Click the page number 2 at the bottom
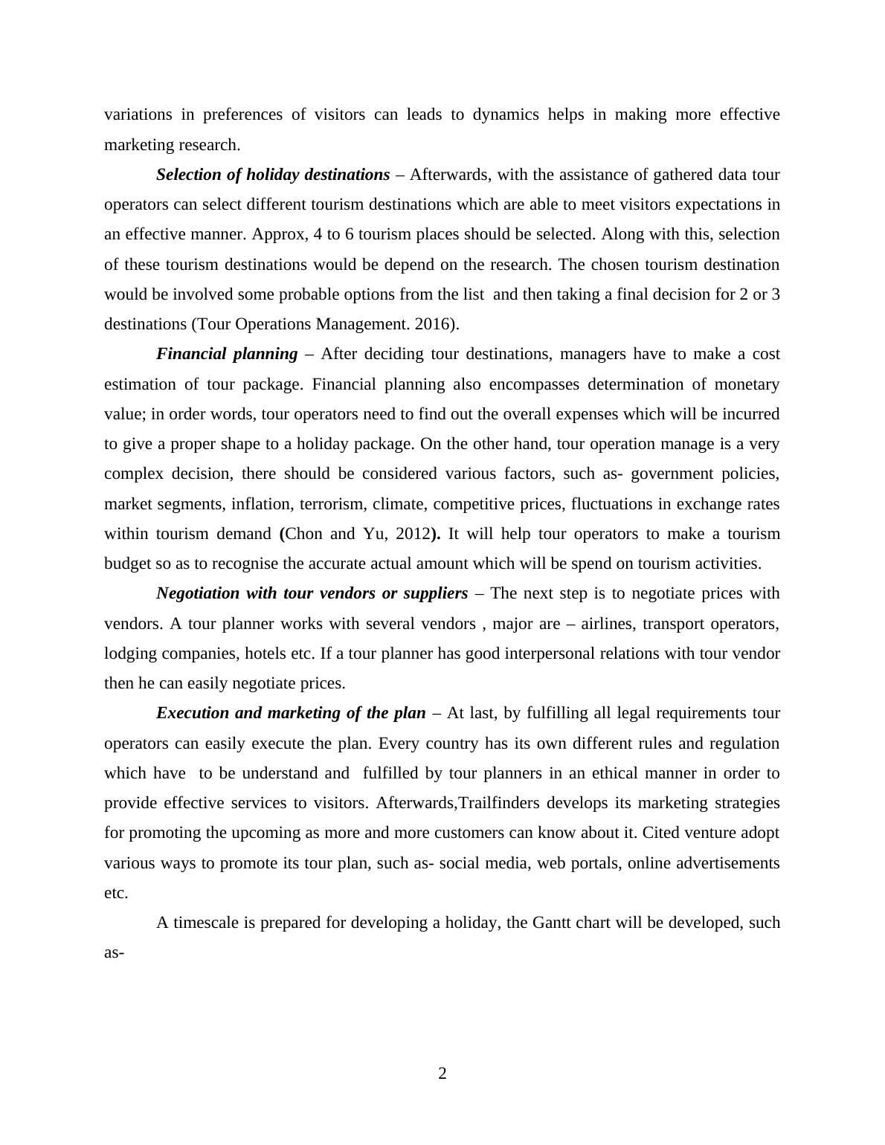[442, 1073]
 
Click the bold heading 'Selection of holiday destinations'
[273, 175]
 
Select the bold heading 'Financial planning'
[227, 354]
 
